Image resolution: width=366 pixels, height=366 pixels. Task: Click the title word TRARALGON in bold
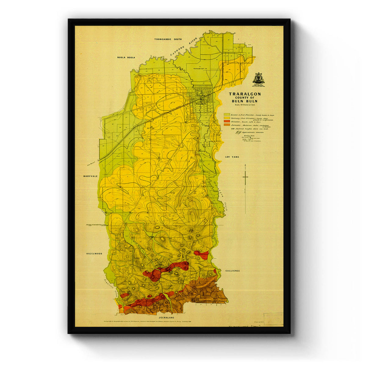[245, 94]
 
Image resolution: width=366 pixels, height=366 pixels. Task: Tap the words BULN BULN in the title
[245, 101]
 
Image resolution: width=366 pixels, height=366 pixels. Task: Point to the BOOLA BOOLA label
[126, 57]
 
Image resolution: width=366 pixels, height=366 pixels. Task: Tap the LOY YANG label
[232, 157]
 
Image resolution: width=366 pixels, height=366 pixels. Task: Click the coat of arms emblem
[258, 78]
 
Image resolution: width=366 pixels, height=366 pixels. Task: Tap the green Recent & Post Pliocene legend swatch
[227, 114]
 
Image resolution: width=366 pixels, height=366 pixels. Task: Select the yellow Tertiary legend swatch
[227, 118]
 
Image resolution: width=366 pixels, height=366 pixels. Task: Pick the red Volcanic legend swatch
[227, 121]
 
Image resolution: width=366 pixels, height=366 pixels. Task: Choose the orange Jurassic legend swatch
[227, 124]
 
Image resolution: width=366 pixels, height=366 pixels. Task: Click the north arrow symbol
[245, 177]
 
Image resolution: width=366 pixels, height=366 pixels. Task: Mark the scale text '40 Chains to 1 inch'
[245, 105]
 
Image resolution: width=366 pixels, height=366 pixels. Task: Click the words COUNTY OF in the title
[245, 98]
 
